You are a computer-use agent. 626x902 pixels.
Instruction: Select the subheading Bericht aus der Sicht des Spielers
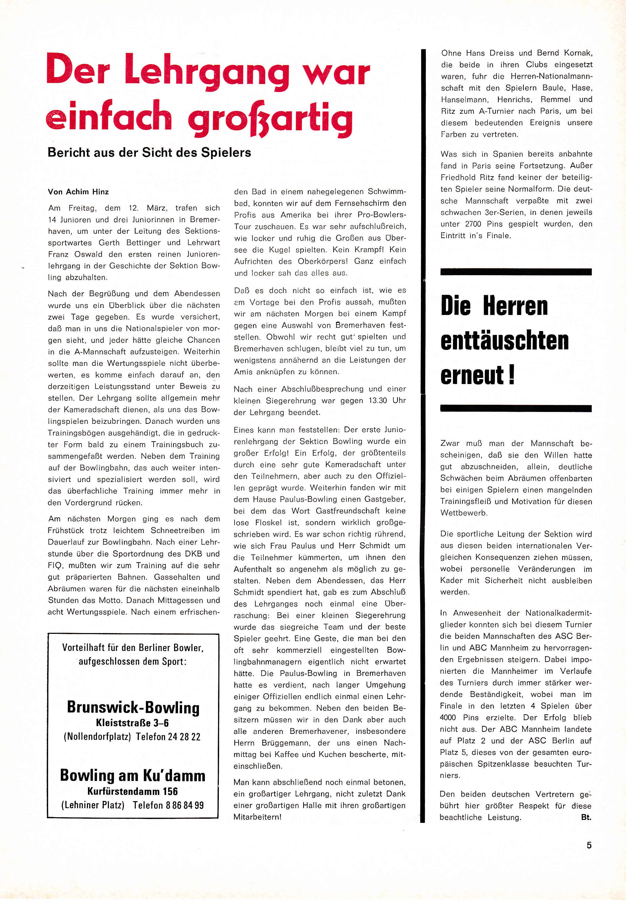pyautogui.click(x=149, y=153)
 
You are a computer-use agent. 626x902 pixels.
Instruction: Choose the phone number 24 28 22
pyautogui.click(x=184, y=736)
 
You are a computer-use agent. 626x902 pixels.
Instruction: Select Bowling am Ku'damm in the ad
pyautogui.click(x=133, y=775)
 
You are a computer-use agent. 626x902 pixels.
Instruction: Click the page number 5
pyautogui.click(x=589, y=856)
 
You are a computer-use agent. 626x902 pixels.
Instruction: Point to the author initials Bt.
pyautogui.click(x=586, y=818)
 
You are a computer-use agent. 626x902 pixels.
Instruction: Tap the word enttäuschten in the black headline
pyautogui.click(x=504, y=341)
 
